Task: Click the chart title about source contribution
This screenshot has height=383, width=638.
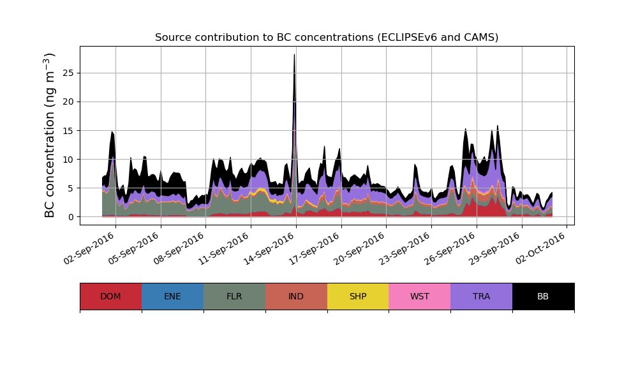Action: coord(327,38)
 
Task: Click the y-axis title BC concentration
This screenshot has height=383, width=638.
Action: coord(50,135)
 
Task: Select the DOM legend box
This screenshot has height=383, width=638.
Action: coord(110,296)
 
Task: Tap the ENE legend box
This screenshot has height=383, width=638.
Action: coord(172,296)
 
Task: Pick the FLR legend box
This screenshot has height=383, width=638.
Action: coord(234,296)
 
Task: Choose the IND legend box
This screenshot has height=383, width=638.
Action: coord(296,296)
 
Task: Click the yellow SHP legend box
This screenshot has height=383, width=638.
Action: coord(358,296)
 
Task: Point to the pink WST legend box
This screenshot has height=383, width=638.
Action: coord(419,296)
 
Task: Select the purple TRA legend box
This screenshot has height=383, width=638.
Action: coord(481,296)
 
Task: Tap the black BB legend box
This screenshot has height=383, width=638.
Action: coord(543,296)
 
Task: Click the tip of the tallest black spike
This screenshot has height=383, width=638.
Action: coord(294,55)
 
